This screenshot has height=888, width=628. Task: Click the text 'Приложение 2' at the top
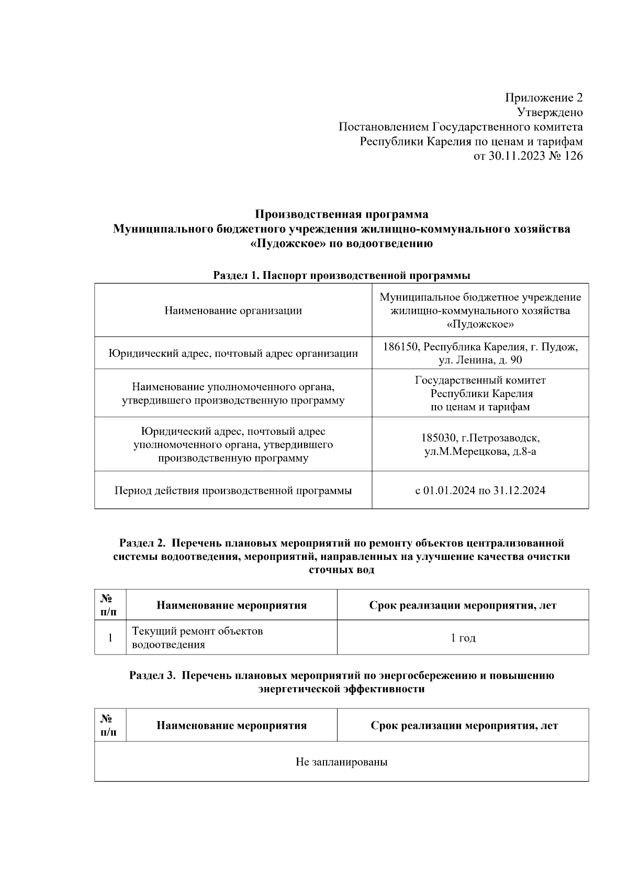[543, 98]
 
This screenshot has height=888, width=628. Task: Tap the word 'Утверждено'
[549, 113]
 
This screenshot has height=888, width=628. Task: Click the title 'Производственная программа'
[341, 214]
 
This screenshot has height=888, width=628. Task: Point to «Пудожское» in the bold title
[283, 243]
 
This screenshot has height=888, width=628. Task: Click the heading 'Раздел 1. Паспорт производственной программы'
[341, 275]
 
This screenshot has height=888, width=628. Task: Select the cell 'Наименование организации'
[233, 310]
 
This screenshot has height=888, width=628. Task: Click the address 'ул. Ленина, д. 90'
[480, 360]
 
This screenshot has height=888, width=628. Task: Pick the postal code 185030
[439, 437]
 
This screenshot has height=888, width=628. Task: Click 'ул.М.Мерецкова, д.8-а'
[480, 451]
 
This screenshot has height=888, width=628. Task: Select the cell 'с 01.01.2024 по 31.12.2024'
[480, 490]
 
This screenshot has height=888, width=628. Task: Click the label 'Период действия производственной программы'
[233, 490]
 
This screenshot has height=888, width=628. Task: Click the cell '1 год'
[463, 638]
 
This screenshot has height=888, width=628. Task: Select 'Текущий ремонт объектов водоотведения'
[197, 637]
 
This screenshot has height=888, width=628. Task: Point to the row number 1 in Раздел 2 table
[110, 638]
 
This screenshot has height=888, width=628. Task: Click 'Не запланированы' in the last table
[341, 762]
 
